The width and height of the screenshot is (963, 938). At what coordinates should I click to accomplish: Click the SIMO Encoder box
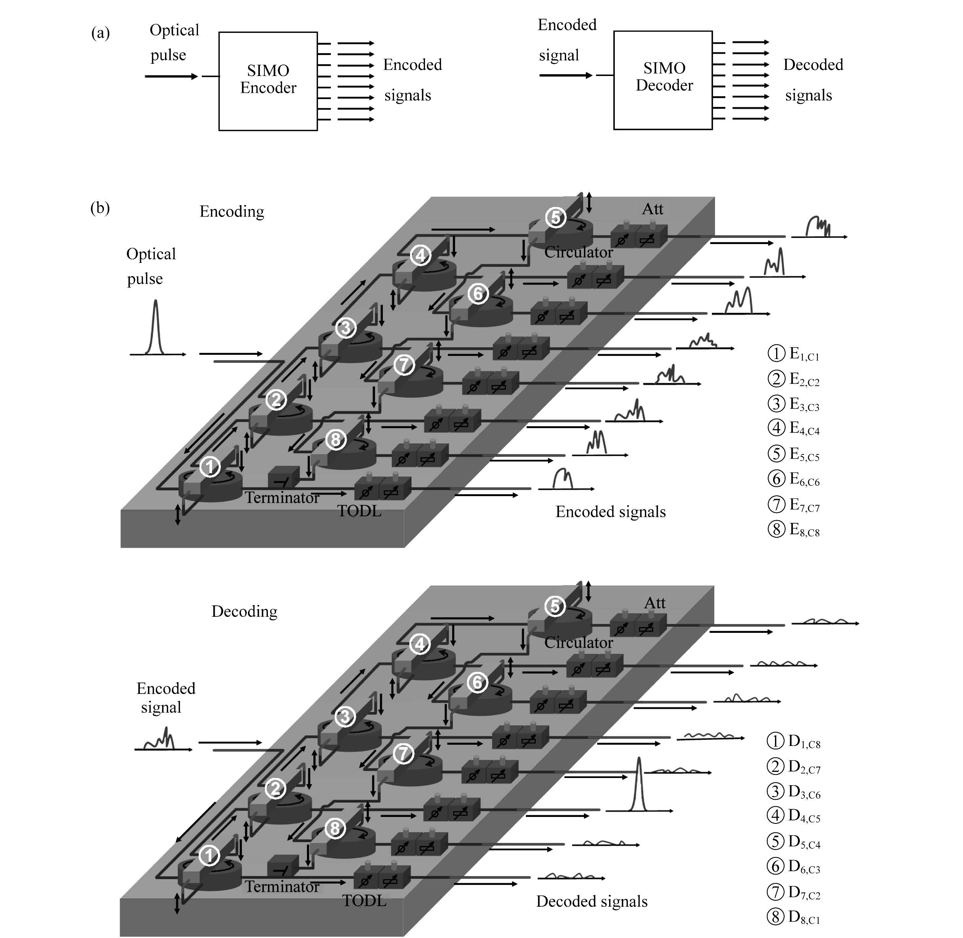[268, 81]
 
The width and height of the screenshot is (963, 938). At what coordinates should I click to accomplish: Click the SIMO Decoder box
[663, 80]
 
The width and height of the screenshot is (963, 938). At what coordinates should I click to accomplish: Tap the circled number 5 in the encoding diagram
[555, 217]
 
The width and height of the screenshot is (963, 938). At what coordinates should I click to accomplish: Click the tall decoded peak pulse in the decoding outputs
[639, 784]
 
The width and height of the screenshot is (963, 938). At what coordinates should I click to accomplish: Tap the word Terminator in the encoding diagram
[282, 498]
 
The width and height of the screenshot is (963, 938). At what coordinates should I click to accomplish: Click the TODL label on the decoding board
[364, 901]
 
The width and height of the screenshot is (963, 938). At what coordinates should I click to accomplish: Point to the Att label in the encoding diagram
[653, 209]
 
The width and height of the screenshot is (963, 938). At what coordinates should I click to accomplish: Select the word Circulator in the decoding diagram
[579, 642]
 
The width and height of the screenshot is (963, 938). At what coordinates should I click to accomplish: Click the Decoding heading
[245, 611]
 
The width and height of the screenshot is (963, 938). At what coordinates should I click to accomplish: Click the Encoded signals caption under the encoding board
[611, 512]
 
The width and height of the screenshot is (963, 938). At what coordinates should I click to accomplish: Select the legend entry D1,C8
[793, 741]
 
